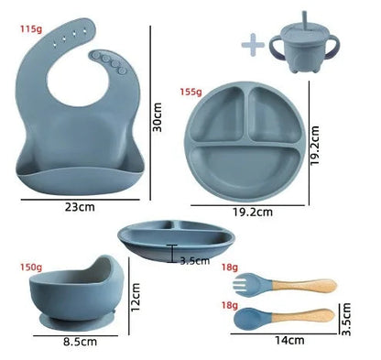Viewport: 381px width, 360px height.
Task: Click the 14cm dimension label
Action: [288, 341]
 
